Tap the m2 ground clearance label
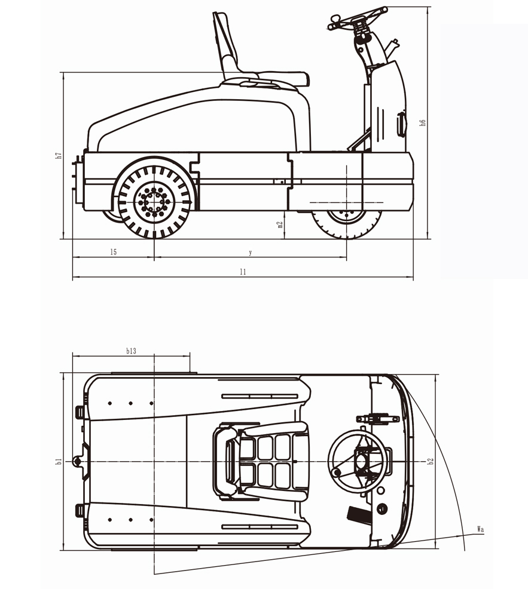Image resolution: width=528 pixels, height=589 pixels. (280, 225)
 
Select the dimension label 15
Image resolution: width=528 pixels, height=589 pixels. (113, 252)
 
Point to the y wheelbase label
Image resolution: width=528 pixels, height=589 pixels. (251, 252)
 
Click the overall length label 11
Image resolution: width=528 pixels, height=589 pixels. (243, 271)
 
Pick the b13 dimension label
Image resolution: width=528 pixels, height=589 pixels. (131, 351)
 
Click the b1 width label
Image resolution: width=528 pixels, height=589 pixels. (59, 461)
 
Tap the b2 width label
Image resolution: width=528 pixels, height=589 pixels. (430, 461)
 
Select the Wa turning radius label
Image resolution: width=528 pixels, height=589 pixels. (480, 529)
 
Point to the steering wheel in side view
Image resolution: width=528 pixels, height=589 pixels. (358, 18)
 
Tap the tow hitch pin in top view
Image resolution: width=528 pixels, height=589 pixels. (77, 461)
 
